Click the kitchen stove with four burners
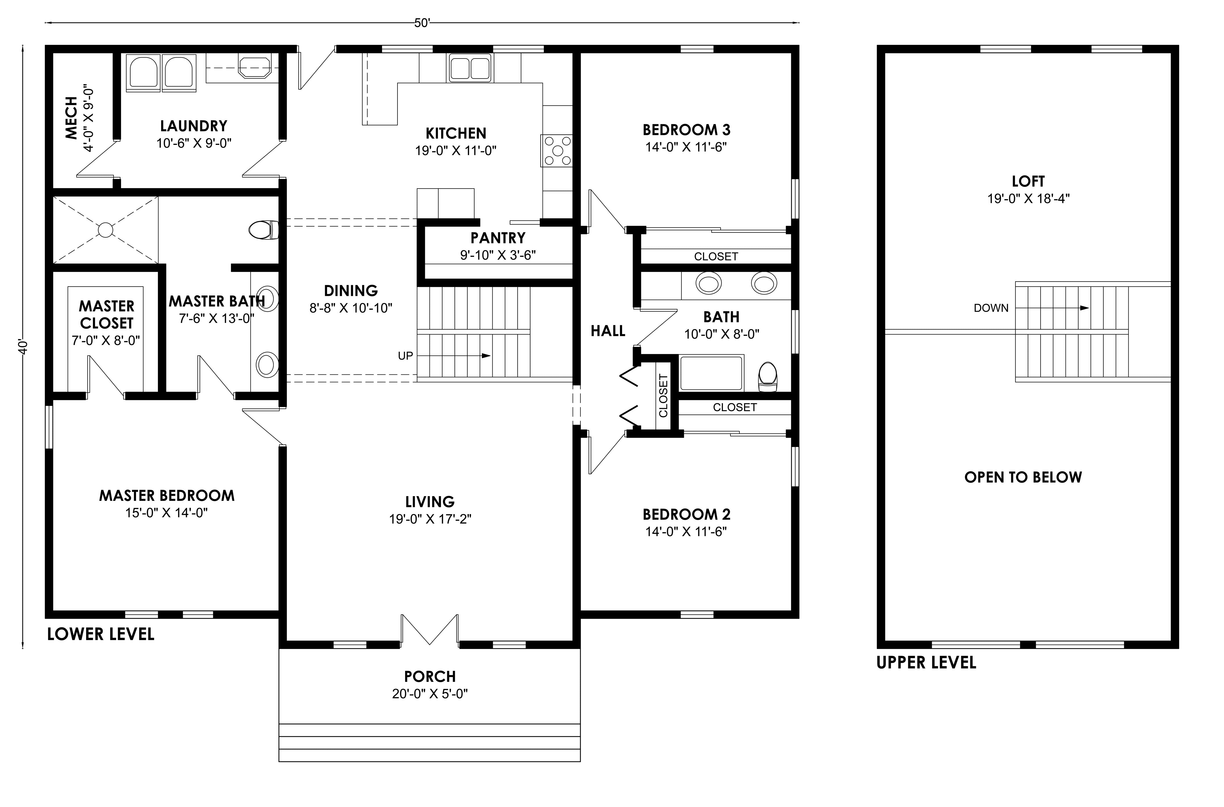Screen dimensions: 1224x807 pos(556,150)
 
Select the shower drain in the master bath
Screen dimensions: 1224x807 pos(106,230)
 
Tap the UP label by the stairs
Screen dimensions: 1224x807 pos(405,355)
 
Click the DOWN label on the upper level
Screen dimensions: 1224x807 pos(991,308)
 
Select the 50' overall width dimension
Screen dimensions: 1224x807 pos(422,23)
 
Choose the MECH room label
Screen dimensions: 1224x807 pos(71,118)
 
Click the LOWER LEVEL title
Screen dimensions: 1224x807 pos(101,634)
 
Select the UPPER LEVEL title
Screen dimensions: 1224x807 pos(926,662)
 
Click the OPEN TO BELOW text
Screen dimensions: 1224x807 pos(1023,477)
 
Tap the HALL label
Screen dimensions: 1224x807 pos(607,331)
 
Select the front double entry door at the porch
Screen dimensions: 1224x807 pos(430,629)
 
